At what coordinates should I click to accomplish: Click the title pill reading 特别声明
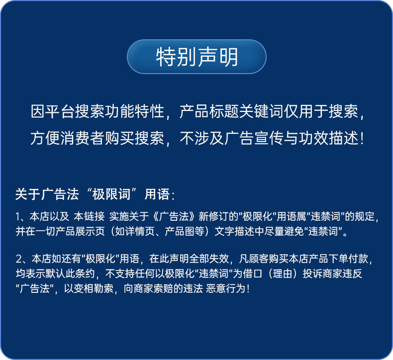click(196, 57)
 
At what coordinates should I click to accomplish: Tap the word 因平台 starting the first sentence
click(53, 111)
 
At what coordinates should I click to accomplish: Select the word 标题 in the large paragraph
click(224, 111)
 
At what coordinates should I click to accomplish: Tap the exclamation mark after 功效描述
click(362, 139)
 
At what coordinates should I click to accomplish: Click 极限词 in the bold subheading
click(111, 194)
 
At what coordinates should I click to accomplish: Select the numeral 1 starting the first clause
click(18, 217)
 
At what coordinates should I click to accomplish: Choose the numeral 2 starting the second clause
click(19, 259)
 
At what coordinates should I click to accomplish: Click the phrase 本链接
click(89, 216)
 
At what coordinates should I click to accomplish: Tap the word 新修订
click(213, 216)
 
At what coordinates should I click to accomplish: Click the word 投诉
click(312, 273)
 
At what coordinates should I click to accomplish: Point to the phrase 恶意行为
click(226, 288)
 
